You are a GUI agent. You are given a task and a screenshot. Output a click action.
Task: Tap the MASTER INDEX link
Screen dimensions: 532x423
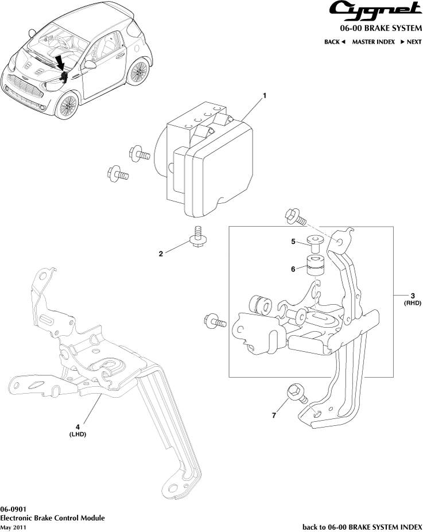point(373,42)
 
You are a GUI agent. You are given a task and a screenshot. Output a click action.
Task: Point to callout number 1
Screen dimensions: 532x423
point(265,95)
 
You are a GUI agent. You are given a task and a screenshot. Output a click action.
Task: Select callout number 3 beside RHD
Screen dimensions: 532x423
point(413,297)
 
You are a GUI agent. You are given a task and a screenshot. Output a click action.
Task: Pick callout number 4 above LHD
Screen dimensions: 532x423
point(77,426)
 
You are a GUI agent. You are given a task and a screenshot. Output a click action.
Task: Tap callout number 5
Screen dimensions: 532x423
point(292,242)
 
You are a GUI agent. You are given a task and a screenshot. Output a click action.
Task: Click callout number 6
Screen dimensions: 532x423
point(292,268)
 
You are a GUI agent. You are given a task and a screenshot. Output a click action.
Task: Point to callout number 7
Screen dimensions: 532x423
point(274,415)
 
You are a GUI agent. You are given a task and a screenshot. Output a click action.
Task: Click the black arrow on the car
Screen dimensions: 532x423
point(60,63)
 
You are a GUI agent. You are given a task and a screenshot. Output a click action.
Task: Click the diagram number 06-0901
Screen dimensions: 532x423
point(12,510)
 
